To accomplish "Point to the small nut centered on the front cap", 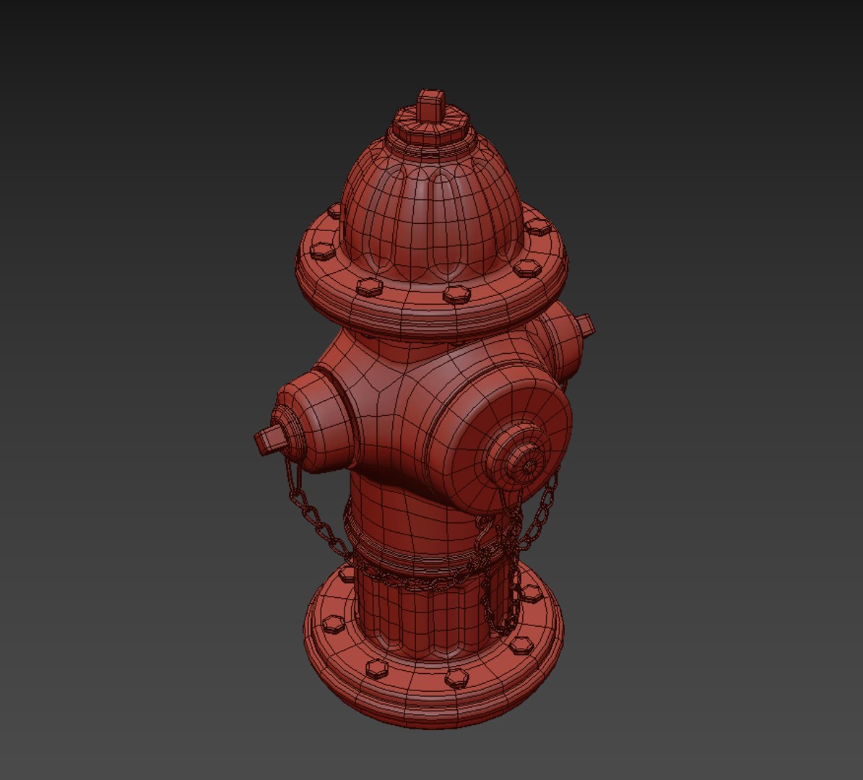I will pos(526,461).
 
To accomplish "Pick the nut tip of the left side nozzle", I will pos(266,438).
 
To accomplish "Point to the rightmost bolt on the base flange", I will pos(533,592).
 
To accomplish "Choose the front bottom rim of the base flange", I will pos(433,711).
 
